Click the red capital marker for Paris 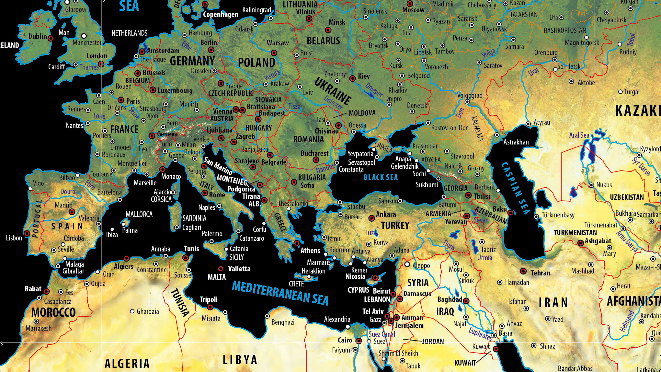[121, 100]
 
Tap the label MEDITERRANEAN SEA [280, 293]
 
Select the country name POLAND [256, 63]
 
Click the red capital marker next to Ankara [372, 218]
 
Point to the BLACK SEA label [381, 177]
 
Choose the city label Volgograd [470, 95]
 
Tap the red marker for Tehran [523, 271]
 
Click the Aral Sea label [579, 135]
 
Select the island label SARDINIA [194, 218]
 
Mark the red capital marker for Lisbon [27, 233]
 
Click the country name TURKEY [395, 226]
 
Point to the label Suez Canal [382, 334]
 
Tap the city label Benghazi [283, 322]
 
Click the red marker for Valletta [221, 269]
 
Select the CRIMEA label [383, 147]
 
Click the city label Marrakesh [39, 328]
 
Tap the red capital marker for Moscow [410, 4]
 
